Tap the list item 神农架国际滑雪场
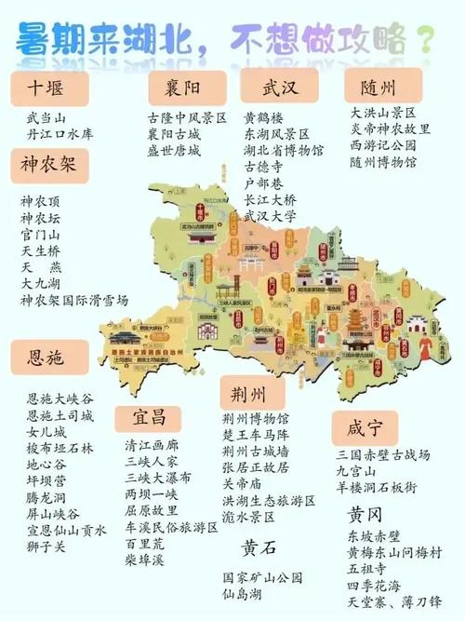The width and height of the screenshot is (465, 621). click(x=75, y=300)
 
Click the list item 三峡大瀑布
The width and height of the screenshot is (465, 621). click(x=160, y=477)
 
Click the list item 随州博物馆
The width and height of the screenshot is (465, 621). click(x=384, y=161)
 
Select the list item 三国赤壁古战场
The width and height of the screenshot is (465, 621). click(x=384, y=454)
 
